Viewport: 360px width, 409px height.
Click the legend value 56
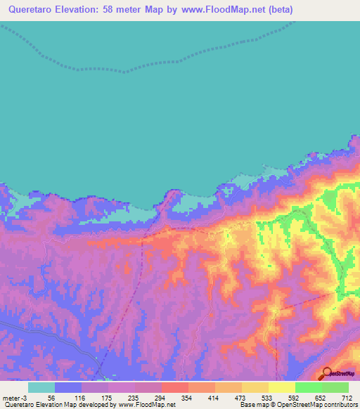tap(51, 398)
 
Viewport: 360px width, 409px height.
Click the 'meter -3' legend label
tap(14, 398)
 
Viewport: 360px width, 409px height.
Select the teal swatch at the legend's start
tap(41, 387)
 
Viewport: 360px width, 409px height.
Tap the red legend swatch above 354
tap(174, 387)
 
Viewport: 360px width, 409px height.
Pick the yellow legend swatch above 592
tap(281, 387)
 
